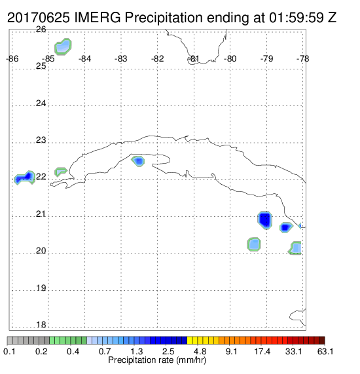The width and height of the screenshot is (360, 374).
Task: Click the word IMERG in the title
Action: (98, 18)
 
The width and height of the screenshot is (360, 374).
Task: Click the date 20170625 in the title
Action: (39, 18)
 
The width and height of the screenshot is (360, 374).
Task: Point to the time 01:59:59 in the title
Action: (297, 18)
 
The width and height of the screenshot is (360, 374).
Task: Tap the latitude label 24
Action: (41, 103)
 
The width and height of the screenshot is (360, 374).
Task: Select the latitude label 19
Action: (41, 288)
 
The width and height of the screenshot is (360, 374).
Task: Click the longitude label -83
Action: (121, 59)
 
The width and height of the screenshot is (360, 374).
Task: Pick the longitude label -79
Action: (266, 59)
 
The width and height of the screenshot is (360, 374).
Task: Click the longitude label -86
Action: (12, 59)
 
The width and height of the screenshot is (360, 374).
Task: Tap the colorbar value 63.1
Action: (325, 352)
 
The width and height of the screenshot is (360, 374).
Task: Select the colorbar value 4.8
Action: (200, 352)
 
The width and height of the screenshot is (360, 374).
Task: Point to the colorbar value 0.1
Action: (10, 352)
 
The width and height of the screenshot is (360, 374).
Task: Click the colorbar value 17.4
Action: (262, 352)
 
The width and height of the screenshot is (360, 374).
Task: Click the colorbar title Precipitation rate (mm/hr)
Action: (157, 360)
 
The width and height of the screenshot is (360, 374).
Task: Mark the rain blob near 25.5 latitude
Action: (63, 47)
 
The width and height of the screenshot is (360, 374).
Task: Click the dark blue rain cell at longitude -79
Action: (265, 220)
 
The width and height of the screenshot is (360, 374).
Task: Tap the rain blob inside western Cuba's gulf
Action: (138, 161)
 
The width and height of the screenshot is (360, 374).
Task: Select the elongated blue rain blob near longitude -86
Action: (25, 178)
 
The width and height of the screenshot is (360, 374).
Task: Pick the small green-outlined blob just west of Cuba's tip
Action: (61, 172)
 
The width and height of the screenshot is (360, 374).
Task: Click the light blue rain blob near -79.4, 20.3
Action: (254, 244)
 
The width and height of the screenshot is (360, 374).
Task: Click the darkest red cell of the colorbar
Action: (322, 341)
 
